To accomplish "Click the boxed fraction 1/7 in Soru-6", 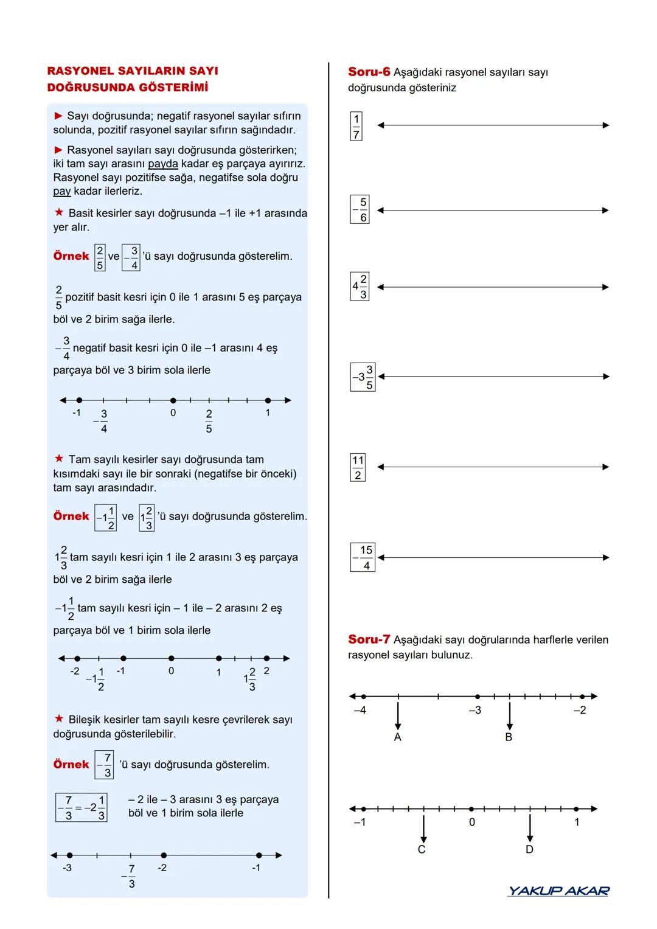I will coord(356,126).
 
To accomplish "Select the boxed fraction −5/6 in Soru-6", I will coord(360,210).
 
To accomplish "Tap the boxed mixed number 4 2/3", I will coord(360,287).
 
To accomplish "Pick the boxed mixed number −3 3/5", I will coord(363,377).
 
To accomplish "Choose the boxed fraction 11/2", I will coord(358,467).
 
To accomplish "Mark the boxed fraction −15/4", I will coord(363,557).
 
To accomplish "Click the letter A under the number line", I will coord(398,737).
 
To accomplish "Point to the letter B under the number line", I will coord(509,737).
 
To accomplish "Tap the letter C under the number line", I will coord(422,850).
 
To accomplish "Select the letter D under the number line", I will coord(529,850).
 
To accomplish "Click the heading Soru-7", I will coord(369,639).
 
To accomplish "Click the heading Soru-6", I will coord(369,72).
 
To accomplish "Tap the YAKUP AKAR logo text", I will coord(558,891).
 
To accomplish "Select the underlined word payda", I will coord(163,164).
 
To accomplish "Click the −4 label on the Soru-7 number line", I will coord(360,710).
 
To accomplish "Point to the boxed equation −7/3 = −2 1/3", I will coord(82,808).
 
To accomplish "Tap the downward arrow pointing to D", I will coord(530,827).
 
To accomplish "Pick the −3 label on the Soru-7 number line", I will coord(475,710).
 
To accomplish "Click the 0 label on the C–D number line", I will coord(471,823).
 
